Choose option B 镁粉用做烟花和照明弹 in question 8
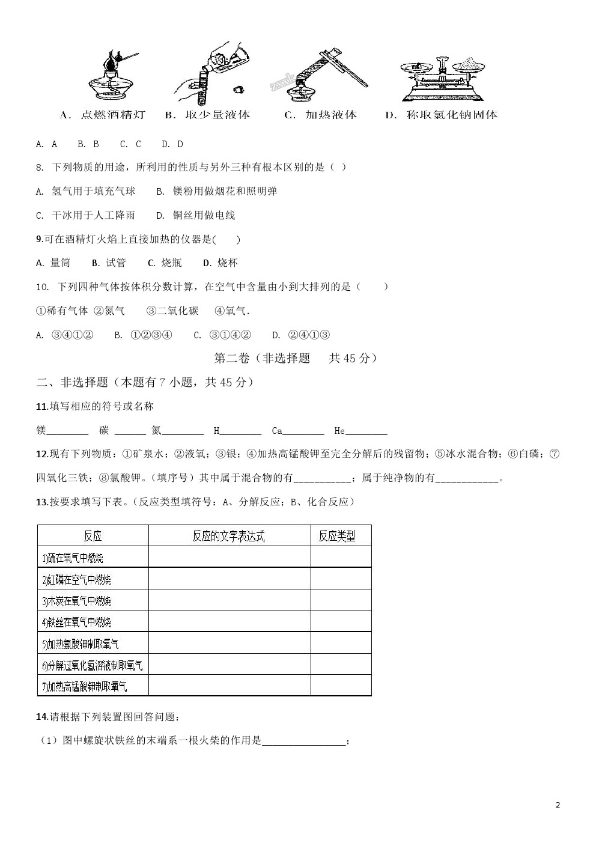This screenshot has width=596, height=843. (x=217, y=191)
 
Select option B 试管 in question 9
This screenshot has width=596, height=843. (x=109, y=263)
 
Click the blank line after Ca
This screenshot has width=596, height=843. (x=303, y=432)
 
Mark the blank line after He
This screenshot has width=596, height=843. (x=366, y=432)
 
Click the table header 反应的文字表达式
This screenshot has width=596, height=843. (x=229, y=536)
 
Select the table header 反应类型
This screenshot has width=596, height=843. (x=337, y=536)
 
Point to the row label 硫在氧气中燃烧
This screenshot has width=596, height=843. (x=73, y=558)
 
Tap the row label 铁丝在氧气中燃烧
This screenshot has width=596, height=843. (x=77, y=622)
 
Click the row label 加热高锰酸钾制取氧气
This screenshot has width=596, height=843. (x=85, y=686)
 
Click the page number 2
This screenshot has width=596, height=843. (x=558, y=805)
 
